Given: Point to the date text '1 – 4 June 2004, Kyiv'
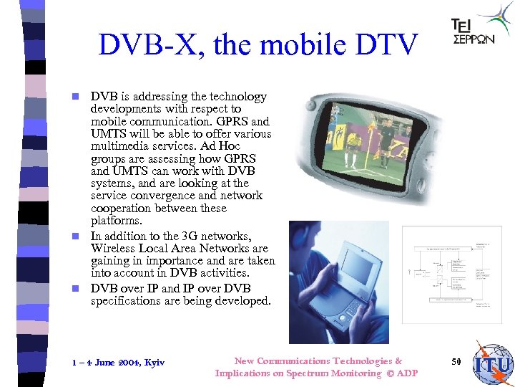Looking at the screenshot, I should coord(118,363).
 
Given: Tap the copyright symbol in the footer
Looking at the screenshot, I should coord(390,373).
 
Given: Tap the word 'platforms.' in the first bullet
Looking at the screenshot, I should coord(115,221).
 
